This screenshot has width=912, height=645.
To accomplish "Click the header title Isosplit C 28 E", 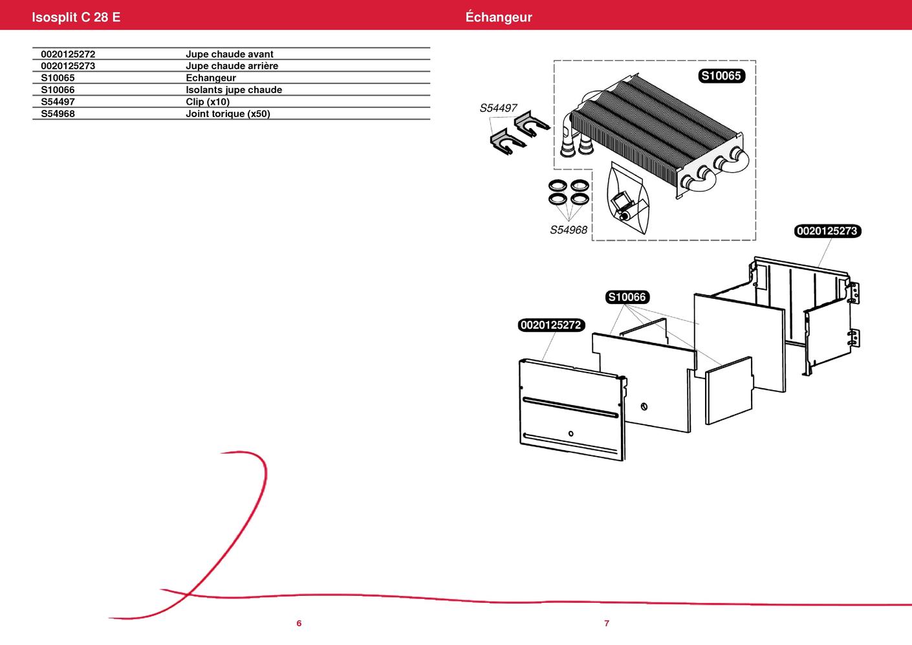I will click(76, 17).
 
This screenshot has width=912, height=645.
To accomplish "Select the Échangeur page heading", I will click(498, 17).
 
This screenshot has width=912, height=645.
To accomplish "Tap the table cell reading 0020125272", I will click(68, 54).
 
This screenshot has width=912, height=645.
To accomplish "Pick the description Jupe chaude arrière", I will click(232, 66).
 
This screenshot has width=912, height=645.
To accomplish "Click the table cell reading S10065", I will click(58, 78).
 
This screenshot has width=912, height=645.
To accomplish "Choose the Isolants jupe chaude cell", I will click(233, 90).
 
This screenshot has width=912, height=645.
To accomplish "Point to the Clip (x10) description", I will click(208, 102).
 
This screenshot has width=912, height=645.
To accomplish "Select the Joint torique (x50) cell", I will click(228, 114).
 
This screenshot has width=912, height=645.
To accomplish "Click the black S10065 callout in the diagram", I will click(721, 76).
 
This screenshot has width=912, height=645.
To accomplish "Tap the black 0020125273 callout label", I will click(827, 231).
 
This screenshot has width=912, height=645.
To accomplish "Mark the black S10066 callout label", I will click(627, 297).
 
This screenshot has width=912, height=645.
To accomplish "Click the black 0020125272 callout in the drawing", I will click(551, 325).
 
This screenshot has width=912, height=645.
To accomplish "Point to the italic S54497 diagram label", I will click(498, 108).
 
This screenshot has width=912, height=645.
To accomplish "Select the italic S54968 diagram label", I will click(569, 230).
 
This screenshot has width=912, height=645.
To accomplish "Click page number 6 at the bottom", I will click(299, 623).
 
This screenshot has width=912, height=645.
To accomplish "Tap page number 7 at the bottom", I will click(607, 623).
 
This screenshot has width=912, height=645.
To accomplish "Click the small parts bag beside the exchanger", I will click(627, 201).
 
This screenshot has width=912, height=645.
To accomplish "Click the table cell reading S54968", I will click(58, 114).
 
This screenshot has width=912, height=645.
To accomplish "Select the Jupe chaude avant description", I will click(229, 54).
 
